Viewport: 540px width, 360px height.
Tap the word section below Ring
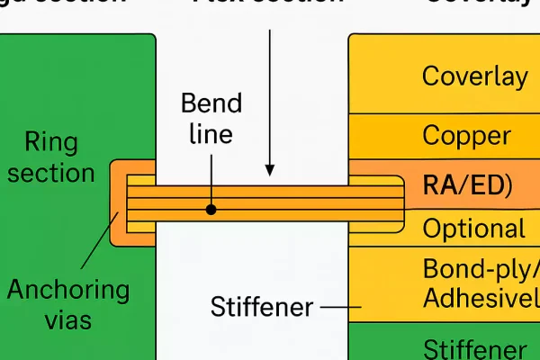[x=51, y=172]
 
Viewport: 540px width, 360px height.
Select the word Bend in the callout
[x=211, y=103]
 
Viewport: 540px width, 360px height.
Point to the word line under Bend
[x=211, y=134]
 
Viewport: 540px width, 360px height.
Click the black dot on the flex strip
[x=211, y=209]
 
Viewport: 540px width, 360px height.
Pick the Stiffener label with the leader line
[x=261, y=308]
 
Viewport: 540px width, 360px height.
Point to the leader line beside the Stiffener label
[x=340, y=308]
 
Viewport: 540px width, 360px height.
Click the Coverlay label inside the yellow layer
[x=474, y=76]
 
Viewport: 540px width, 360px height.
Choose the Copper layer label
[x=466, y=137]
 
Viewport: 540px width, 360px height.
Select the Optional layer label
[x=473, y=229]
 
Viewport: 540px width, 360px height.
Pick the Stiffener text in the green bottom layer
[x=474, y=349]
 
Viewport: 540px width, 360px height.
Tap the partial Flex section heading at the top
[x=268, y=4]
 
